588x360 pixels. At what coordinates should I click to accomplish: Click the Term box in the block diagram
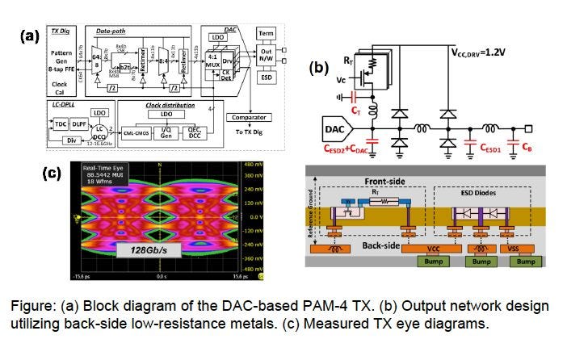tap(265, 33)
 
